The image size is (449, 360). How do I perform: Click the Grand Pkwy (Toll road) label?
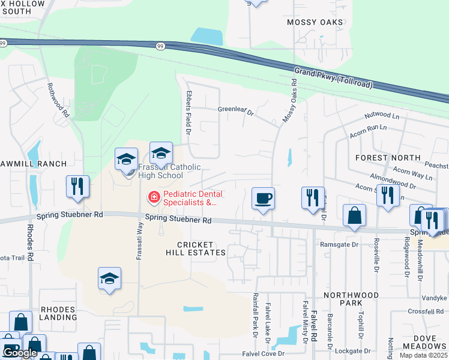(x=333, y=79)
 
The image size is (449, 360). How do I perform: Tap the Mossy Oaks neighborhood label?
(x=315, y=22)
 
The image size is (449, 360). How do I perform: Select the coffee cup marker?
(x=264, y=198)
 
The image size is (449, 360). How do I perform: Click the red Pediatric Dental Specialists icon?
(x=153, y=197)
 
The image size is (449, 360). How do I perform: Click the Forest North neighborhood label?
(x=388, y=157)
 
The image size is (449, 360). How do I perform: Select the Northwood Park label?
(x=351, y=299)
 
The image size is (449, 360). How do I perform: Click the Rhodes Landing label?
(x=58, y=314)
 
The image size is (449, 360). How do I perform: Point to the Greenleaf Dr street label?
(x=236, y=110)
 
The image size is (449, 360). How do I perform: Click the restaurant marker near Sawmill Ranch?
(x=77, y=187)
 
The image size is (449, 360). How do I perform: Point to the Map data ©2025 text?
(x=424, y=355)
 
